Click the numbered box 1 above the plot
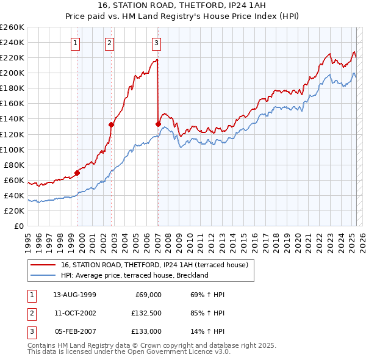[74, 43]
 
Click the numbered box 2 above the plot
[109, 43]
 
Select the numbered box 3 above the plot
[156, 43]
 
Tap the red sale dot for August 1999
[77, 173]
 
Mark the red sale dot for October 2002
[112, 124]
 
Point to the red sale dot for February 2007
[158, 124]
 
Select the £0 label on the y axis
[19, 226]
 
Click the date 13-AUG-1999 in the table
[74, 295]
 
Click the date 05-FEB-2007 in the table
[74, 331]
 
